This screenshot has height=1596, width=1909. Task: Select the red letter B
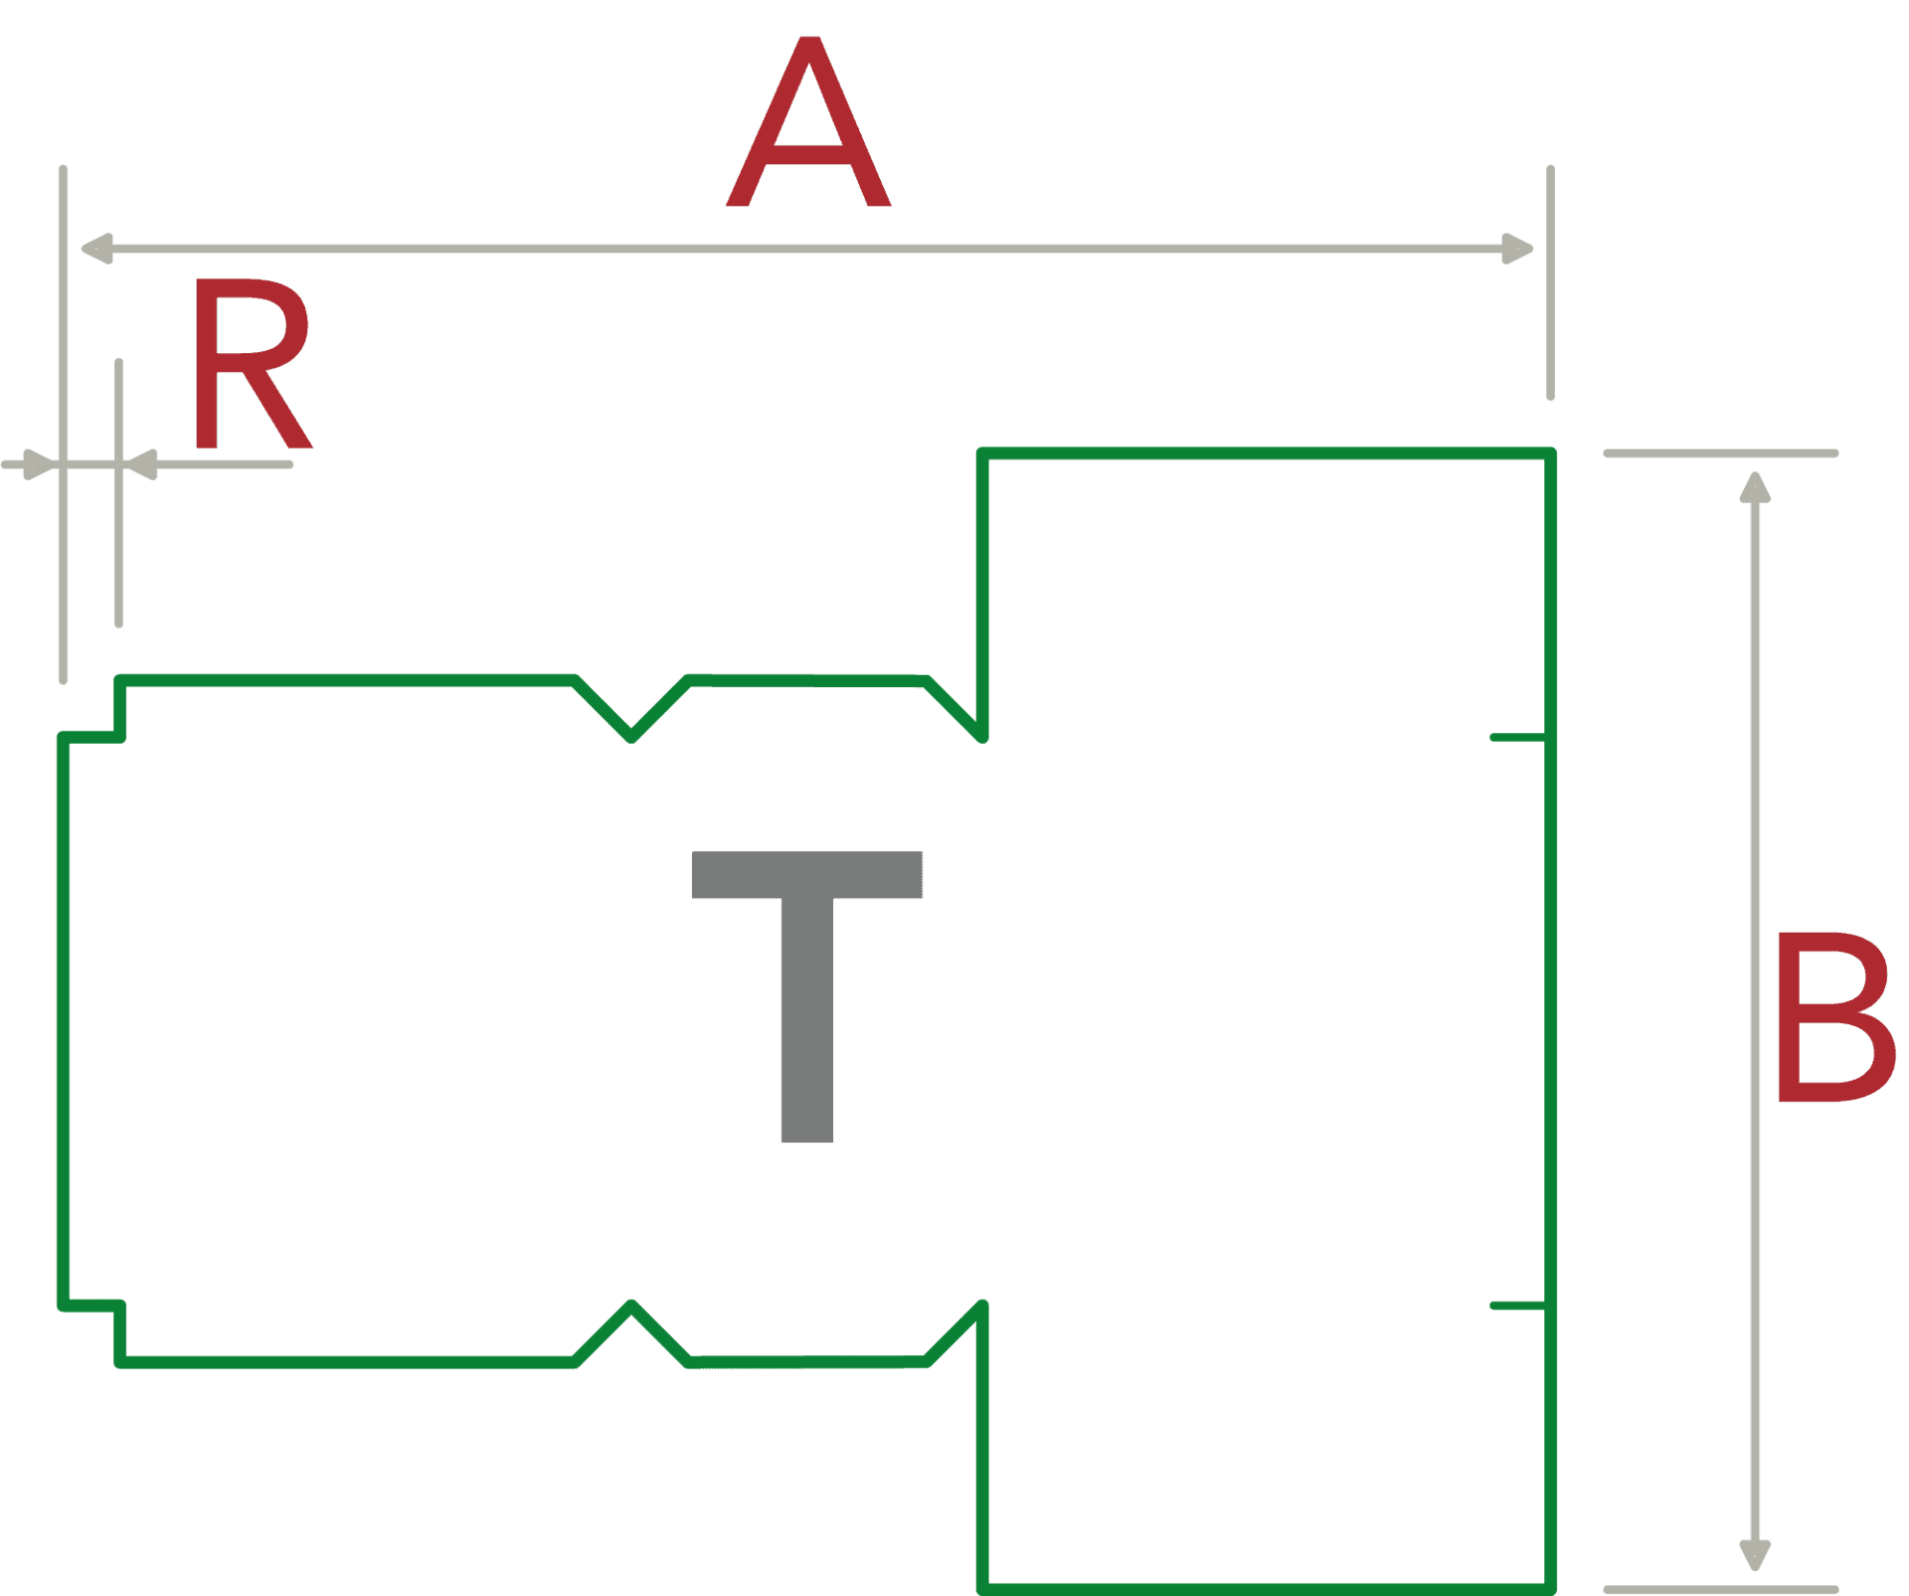(1835, 1017)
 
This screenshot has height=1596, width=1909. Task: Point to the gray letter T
(806, 997)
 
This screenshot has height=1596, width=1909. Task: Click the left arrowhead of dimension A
(96, 249)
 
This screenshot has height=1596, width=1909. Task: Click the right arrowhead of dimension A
(1517, 249)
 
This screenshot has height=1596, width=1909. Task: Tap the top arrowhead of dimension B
(1755, 487)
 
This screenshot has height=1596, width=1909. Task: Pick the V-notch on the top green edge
(631, 710)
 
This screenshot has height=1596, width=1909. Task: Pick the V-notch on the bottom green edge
(631, 1332)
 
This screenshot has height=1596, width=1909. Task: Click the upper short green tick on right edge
(1518, 737)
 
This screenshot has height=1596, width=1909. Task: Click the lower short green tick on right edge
(1518, 1306)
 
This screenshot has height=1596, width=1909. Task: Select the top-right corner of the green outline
(1550, 453)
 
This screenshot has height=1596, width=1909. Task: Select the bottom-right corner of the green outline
(1550, 1589)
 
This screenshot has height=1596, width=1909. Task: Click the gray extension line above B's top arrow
(1721, 453)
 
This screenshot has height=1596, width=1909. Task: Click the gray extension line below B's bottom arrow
(1721, 1589)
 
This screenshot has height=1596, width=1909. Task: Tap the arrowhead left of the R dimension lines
(40, 464)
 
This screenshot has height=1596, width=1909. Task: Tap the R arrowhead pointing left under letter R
(140, 464)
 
